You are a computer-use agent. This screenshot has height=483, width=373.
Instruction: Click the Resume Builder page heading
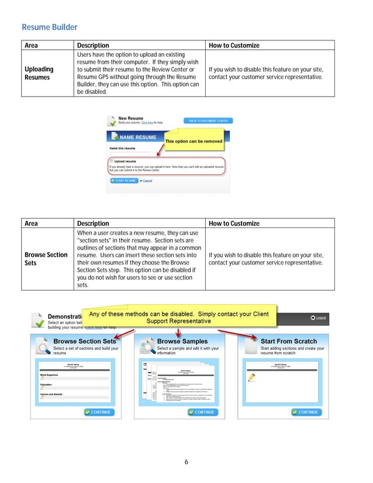[x=49, y=27]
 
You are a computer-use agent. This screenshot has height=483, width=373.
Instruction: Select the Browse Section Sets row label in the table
[x=46, y=259]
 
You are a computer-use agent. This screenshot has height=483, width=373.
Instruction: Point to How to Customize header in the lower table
[x=234, y=223]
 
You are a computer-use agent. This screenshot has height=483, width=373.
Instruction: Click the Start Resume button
[x=122, y=181]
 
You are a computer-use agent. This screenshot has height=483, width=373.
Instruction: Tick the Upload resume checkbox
[x=111, y=161]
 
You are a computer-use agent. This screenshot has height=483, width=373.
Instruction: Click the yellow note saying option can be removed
[x=194, y=142]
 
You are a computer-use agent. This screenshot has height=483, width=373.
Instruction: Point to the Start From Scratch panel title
[x=288, y=341]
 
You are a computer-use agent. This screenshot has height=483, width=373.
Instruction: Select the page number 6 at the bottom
[x=186, y=462]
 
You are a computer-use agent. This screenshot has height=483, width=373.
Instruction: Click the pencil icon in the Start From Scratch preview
[x=252, y=378]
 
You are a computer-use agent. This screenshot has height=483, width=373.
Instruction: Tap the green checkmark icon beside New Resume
[x=111, y=121]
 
